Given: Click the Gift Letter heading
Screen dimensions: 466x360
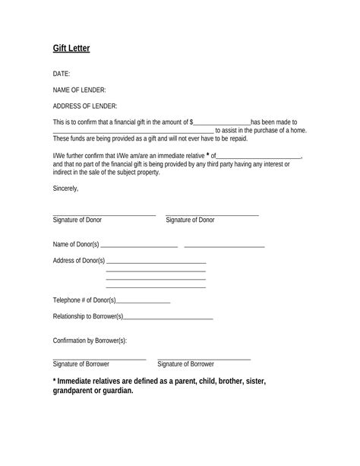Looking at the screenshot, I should point(71,49).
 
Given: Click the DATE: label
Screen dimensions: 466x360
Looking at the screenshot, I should point(62,74).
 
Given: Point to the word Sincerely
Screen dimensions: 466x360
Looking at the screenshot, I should point(66,187).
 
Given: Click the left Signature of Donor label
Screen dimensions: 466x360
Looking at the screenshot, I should point(77,220).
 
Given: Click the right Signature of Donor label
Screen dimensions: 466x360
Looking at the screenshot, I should point(190,220).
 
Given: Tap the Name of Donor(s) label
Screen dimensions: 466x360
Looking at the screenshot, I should point(76,245).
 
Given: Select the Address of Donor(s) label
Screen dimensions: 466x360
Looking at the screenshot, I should point(79,261).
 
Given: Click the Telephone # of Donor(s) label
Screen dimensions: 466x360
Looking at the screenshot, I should point(84,300).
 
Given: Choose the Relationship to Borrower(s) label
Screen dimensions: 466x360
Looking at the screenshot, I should point(88,316).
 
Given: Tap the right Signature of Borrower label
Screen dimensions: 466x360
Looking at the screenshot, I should point(185,364).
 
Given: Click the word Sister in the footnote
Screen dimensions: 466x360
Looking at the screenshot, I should point(249,380).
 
